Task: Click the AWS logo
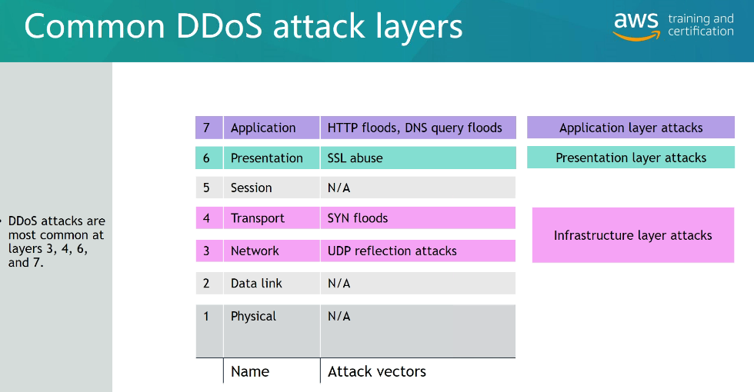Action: point(636,26)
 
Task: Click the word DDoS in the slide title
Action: point(219,26)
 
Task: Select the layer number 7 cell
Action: point(209,128)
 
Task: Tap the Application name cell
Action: point(272,128)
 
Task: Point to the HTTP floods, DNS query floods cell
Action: point(419,128)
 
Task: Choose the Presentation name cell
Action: point(272,158)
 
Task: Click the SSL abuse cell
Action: point(419,158)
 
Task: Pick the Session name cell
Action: point(272,188)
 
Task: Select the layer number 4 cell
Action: point(209,218)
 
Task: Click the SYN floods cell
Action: point(419,218)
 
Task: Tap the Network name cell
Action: point(272,251)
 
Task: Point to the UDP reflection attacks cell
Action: point(419,251)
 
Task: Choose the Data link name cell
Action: point(272,284)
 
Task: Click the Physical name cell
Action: point(272,331)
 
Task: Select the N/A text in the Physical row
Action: point(339,316)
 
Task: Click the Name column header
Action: point(250,371)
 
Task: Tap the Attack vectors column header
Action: point(377,371)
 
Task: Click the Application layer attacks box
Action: point(631,128)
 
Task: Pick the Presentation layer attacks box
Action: point(631,158)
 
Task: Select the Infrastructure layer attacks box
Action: point(633,235)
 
